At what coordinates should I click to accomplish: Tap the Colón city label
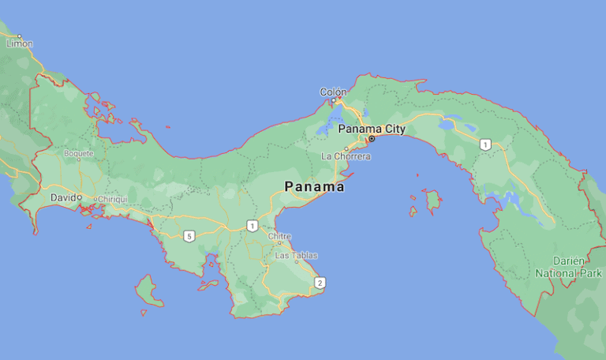pos(333,92)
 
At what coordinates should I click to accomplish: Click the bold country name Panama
pos(314,187)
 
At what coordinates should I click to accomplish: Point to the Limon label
pos(20,44)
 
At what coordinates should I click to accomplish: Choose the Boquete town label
pos(79,153)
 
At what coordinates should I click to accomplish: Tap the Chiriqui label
pos(114,199)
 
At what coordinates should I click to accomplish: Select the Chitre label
pos(279,235)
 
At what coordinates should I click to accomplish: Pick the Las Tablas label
pos(297,255)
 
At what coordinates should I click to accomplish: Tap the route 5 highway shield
pos(189,235)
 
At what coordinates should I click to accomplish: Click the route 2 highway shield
pos(320,282)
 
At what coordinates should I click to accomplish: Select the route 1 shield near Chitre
pos(252,226)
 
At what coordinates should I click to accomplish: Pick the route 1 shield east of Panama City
pos(486,144)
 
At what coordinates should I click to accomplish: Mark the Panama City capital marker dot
pos(372,138)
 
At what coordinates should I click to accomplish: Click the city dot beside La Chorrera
pos(346,148)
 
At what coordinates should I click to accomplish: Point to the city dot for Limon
pos(19,36)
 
